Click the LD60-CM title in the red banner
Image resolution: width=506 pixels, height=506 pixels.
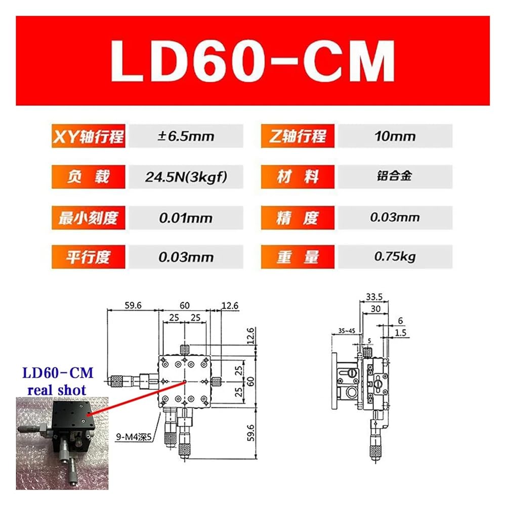click(252, 61)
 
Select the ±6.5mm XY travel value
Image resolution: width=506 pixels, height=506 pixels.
click(186, 137)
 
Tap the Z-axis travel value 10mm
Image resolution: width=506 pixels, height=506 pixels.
click(395, 137)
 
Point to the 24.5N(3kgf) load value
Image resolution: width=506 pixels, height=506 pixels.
click(186, 177)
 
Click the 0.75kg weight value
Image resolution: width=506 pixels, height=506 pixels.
click(395, 257)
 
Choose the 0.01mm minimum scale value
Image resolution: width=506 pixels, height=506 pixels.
click(186, 218)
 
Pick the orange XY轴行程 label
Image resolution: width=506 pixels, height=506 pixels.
click(89, 136)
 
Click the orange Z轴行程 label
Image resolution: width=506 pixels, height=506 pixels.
click(298, 136)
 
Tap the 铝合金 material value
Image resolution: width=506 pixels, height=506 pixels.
click(394, 176)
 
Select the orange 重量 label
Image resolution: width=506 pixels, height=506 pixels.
click(298, 257)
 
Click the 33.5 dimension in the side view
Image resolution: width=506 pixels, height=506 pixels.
click(374, 297)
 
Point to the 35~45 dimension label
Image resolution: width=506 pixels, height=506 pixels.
click(347, 331)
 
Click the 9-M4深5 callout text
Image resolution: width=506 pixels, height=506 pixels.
click(134, 437)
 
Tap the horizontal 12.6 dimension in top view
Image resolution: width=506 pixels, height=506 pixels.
click(230, 305)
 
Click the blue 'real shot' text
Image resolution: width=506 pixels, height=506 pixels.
click(57, 390)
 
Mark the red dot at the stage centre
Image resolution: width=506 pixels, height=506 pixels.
click(185, 382)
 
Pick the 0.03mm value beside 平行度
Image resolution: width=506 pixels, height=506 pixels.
click(186, 257)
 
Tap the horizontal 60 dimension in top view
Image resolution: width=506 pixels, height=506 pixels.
click(185, 305)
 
